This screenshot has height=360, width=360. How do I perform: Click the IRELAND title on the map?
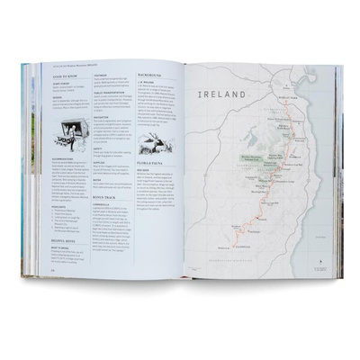[x=224, y=93]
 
